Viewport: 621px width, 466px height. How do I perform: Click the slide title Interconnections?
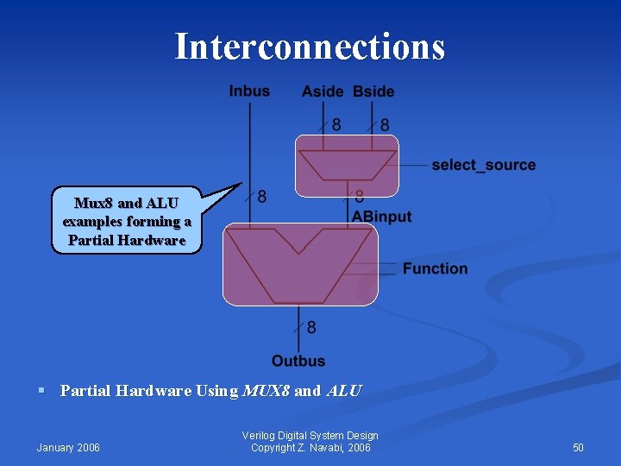[x=310, y=47]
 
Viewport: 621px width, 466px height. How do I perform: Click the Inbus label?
[x=249, y=91]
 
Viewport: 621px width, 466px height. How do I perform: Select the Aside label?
[x=323, y=91]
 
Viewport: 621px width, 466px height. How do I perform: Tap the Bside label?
[x=373, y=91]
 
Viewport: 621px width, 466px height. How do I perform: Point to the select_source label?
[x=483, y=165]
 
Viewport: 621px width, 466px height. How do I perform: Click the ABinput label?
[x=381, y=217]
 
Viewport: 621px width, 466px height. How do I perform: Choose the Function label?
[x=435, y=268]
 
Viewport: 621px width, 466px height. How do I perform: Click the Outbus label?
[x=298, y=361]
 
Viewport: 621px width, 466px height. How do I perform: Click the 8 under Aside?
[x=336, y=126]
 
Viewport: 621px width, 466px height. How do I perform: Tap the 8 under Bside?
[x=385, y=126]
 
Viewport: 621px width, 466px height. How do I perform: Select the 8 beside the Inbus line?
[x=262, y=198]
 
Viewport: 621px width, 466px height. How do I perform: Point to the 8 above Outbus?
[x=311, y=328]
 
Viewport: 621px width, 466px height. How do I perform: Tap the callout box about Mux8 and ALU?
[x=127, y=221]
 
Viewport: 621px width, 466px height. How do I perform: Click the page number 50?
[x=578, y=447]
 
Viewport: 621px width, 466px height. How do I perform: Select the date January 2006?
[x=68, y=447]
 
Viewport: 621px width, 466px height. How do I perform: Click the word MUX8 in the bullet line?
[x=267, y=391]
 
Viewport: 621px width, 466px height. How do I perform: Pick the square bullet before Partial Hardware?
[x=41, y=391]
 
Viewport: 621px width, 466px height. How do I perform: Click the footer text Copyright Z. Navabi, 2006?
[x=310, y=447]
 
